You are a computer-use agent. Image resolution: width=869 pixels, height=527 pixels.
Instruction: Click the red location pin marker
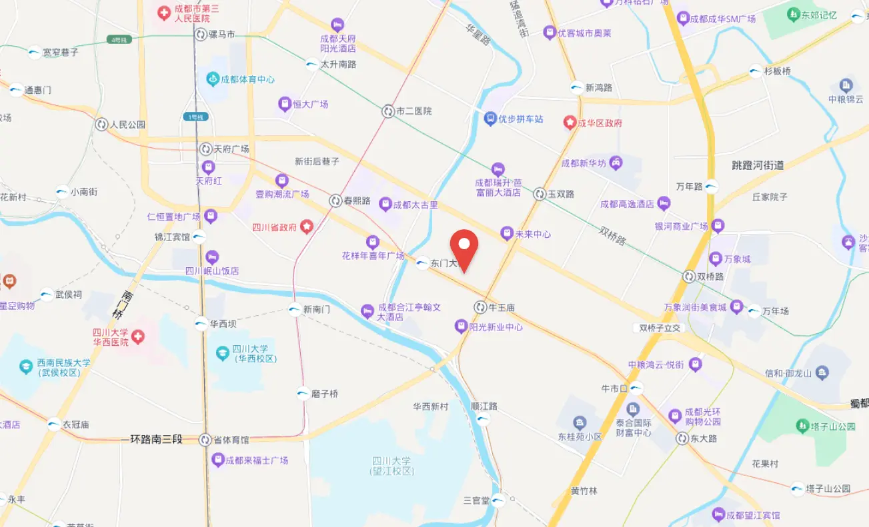pos(464,247)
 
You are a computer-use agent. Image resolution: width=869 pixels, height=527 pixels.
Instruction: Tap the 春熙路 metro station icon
pos(336,200)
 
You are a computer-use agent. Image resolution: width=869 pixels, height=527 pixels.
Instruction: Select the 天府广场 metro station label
pos(231,149)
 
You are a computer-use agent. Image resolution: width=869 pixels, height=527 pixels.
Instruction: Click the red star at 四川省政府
pos(306,227)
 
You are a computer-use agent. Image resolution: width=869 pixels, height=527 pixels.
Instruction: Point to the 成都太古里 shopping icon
pos(385,205)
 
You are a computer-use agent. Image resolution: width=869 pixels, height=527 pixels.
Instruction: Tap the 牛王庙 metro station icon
pos(480,307)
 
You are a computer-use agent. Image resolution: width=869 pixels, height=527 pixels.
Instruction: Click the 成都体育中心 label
pos(247,79)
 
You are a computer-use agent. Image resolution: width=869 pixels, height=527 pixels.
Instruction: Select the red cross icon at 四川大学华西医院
pos(139,336)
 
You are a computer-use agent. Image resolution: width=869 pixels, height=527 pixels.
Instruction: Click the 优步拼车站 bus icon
pos(490,119)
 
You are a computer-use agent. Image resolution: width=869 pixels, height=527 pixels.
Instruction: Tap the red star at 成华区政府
pos(570,123)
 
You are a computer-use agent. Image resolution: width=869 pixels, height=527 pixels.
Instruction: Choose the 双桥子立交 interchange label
pos(660,328)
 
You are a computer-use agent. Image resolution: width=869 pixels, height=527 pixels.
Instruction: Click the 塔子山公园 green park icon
pos(803,425)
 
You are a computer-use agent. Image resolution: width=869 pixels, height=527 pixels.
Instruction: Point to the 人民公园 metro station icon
pos(101,124)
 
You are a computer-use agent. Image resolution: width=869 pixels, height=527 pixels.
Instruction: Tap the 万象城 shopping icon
pos(716,259)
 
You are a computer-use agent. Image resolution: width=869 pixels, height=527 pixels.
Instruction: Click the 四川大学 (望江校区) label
pos(392,466)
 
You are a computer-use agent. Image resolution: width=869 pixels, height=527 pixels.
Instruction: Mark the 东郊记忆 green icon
pos(794,14)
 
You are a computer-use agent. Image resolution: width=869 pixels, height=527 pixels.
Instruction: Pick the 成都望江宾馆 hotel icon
pos(718,515)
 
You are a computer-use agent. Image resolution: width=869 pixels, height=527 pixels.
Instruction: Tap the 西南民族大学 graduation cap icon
pos(25,366)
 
